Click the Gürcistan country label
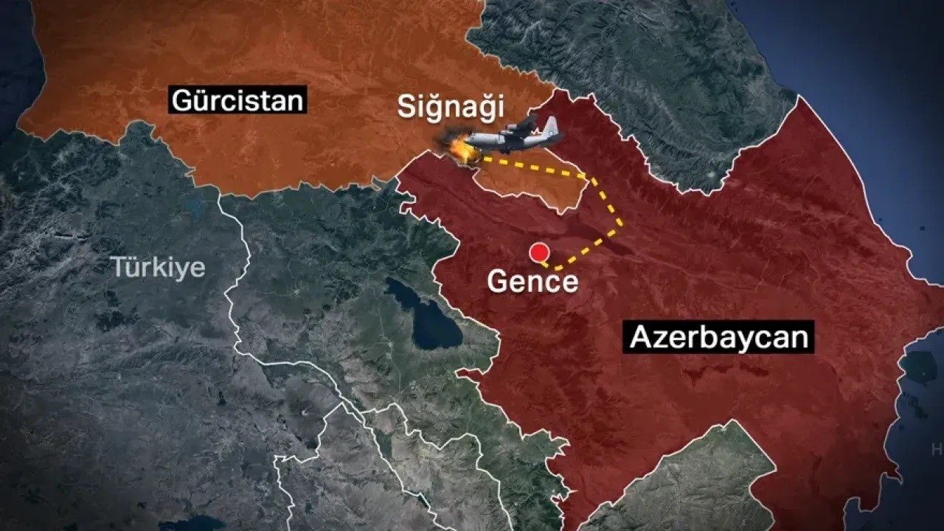click(237, 99)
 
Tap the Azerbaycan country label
click(718, 338)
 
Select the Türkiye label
click(158, 267)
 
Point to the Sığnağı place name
click(451, 107)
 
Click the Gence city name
click(532, 282)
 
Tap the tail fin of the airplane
click(550, 126)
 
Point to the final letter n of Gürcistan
click(294, 100)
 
